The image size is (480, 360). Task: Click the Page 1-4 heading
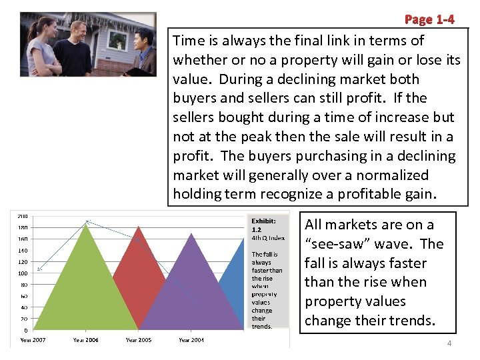(429, 19)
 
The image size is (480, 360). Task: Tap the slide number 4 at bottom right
(449, 343)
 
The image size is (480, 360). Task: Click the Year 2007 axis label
(33, 340)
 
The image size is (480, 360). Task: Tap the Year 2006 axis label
(85, 340)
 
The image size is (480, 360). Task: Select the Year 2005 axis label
(139, 340)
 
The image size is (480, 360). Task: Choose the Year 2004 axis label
(191, 340)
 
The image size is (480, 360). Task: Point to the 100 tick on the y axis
(23, 273)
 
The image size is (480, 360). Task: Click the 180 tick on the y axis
(23, 227)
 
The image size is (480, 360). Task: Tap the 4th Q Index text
(268, 238)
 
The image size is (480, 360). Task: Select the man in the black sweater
(73, 53)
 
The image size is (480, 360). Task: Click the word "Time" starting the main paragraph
(188, 41)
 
